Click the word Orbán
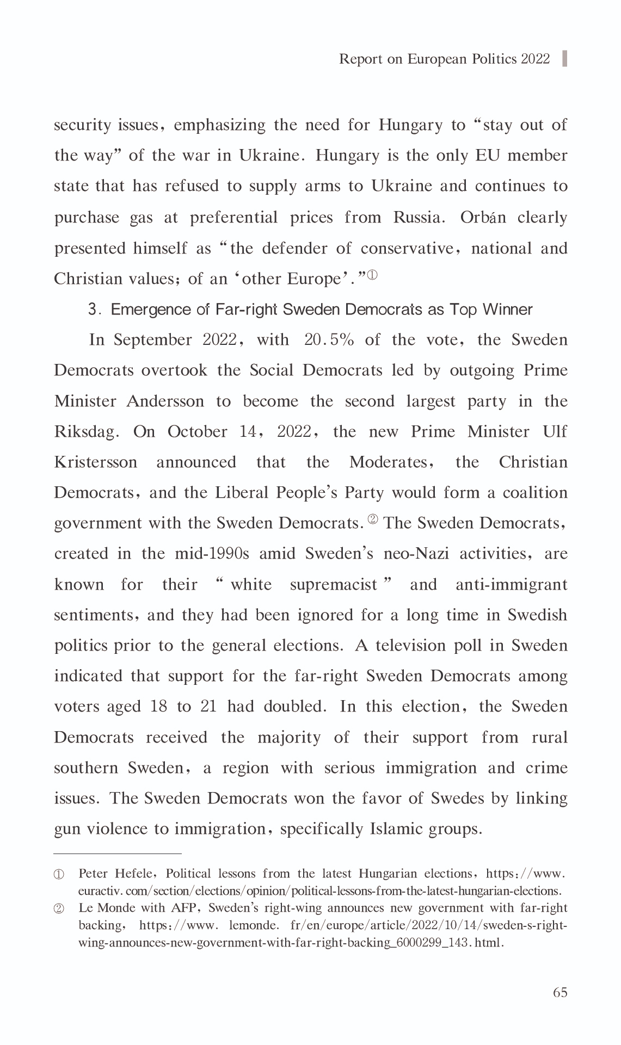[483, 218]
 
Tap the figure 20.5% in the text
[329, 340]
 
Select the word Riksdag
[87, 432]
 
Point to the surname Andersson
[165, 401]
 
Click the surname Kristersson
[96, 462]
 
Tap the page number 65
[560, 992]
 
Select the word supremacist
[334, 585]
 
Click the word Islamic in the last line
[396, 829]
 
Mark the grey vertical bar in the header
[564, 58]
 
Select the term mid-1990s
[212, 554]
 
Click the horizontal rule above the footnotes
[117, 854]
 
